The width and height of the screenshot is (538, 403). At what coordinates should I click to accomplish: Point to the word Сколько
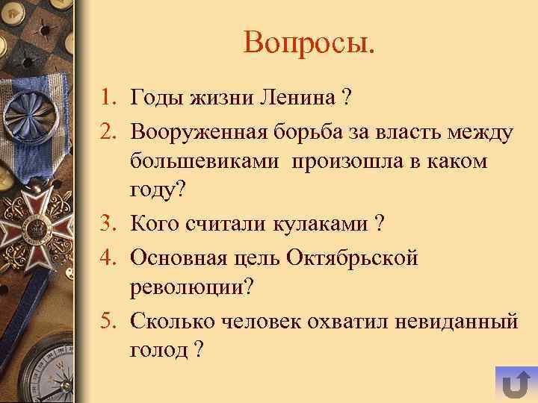[x=170, y=322]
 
